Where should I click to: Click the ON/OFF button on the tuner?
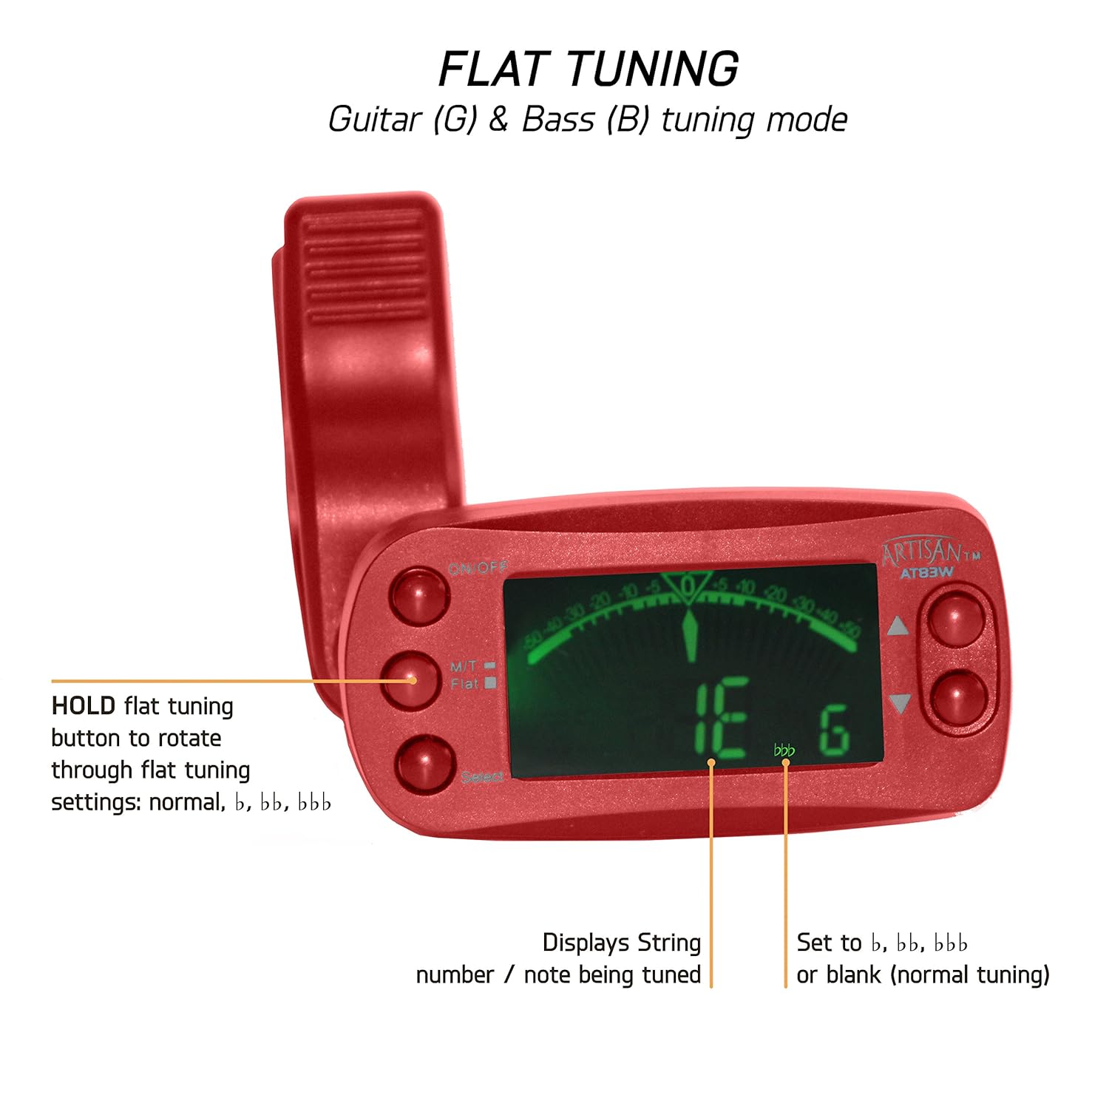coord(418,594)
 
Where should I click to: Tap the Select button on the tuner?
coord(424,762)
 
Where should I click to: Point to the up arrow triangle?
coord(898,627)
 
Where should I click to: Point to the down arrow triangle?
coord(899,702)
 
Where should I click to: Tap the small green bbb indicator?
coord(784,751)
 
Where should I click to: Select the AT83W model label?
coord(926,572)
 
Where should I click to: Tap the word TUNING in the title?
coord(653,69)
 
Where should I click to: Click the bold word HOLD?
coord(83,706)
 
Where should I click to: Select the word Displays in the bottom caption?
coord(586,943)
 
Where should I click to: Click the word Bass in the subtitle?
coord(558,120)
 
